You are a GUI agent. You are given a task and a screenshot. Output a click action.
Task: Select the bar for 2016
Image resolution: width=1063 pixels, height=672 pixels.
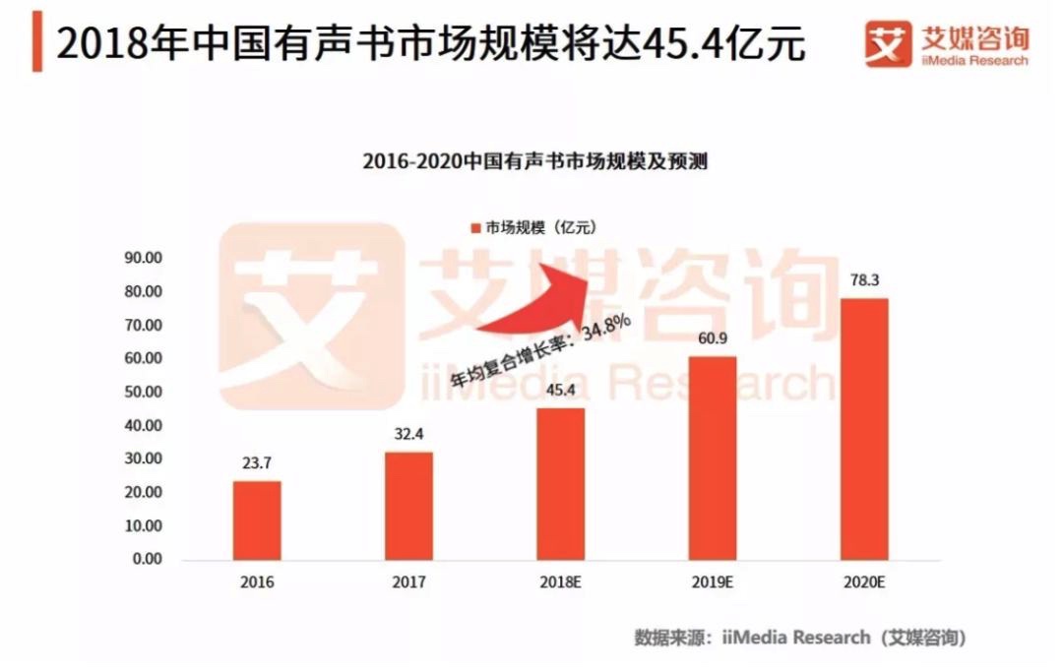point(257,519)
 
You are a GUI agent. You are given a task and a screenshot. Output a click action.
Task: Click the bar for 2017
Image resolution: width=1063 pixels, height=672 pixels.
point(408,506)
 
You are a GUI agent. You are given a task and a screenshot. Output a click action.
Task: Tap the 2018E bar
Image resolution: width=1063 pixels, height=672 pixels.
point(560,483)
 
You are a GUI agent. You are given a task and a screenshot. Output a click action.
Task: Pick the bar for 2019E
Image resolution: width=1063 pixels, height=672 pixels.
point(713,458)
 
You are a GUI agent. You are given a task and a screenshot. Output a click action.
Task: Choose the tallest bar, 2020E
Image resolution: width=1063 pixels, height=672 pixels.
point(864,429)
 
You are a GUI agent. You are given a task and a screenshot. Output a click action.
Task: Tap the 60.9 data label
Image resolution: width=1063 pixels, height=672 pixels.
point(713,339)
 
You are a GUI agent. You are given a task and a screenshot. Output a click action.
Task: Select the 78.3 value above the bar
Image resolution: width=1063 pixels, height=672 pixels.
point(864,281)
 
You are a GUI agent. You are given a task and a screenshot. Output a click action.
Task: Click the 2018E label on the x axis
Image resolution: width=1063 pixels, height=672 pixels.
point(560,582)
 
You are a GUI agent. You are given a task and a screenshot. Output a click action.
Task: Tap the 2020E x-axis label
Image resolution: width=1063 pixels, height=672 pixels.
point(864,582)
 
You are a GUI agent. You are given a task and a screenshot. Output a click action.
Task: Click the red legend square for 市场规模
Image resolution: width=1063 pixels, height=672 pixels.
point(475,228)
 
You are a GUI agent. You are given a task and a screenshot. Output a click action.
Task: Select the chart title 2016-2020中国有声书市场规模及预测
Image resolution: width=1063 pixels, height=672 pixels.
point(534,161)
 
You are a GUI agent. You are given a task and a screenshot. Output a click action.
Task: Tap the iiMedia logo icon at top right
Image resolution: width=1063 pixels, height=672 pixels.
point(888,44)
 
